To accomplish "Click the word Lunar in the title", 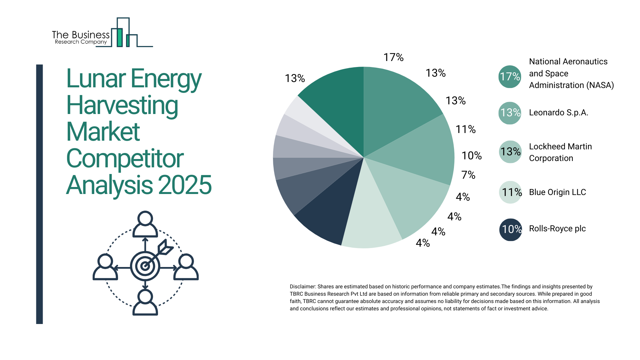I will pos(96,79).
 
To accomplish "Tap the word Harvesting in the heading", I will pos(122,105).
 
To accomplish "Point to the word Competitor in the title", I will pos(125,158).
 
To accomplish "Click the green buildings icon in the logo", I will pos(123,33).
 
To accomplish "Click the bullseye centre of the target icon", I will pos(145,266).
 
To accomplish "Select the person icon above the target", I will pos(145,224).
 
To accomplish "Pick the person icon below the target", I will pos(145,302).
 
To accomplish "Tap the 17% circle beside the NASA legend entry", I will pos(510,77).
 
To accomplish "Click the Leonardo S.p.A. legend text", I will pos(558,113).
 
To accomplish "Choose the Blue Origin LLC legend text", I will pos(557,192).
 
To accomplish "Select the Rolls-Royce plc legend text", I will pos(557,229).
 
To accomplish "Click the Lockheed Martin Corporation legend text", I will pos(560,152).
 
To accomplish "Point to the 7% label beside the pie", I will pos(468,175).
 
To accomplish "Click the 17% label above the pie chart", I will pos(393,57).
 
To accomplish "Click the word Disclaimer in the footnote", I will pos(302,287).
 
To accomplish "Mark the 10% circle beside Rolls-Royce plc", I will pos(510,229).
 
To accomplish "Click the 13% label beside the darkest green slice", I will pos(295,78).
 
